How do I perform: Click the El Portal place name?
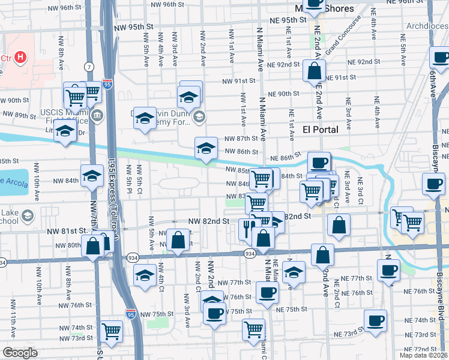click(x=320, y=130)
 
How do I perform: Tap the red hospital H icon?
click(x=20, y=58)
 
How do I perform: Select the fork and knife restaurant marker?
click(x=247, y=229)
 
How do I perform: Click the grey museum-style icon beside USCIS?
click(x=96, y=115)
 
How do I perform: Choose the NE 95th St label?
click(x=288, y=20)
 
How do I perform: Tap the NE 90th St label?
click(x=283, y=94)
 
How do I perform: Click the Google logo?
click(x=20, y=353)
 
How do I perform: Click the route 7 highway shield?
click(x=89, y=65)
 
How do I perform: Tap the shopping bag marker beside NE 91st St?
click(x=314, y=71)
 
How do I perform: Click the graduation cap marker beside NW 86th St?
click(x=205, y=148)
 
